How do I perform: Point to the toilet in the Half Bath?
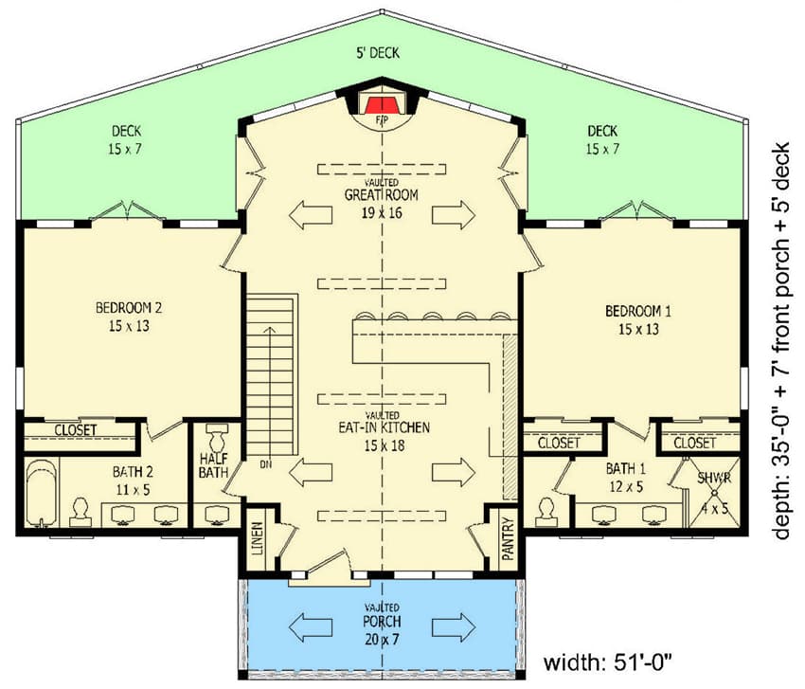215,439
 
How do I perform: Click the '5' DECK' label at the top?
379,54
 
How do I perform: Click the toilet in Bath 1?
547,510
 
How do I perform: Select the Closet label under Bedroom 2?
76,430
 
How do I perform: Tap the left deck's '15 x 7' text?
126,149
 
